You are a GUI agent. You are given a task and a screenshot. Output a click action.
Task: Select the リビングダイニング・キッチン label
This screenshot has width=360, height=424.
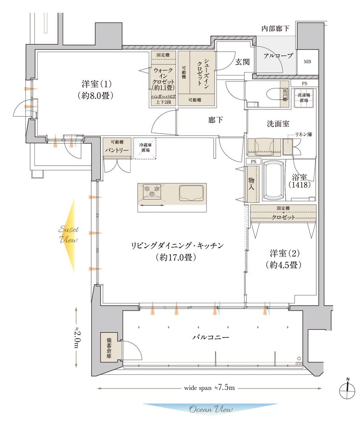click(x=177, y=251)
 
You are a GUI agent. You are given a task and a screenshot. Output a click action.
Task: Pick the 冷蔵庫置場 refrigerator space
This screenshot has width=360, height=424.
click(x=145, y=148)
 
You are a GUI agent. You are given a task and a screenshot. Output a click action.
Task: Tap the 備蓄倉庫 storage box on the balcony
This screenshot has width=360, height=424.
click(x=110, y=347)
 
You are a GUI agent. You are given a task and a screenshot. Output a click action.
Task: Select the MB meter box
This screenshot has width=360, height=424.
click(x=307, y=61)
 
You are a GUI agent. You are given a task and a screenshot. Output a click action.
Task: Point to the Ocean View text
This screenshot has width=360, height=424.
click(x=211, y=410)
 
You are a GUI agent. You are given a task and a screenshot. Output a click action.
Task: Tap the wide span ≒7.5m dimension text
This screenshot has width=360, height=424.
click(x=209, y=388)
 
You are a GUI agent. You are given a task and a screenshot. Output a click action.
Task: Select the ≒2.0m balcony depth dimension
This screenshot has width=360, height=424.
click(x=77, y=338)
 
